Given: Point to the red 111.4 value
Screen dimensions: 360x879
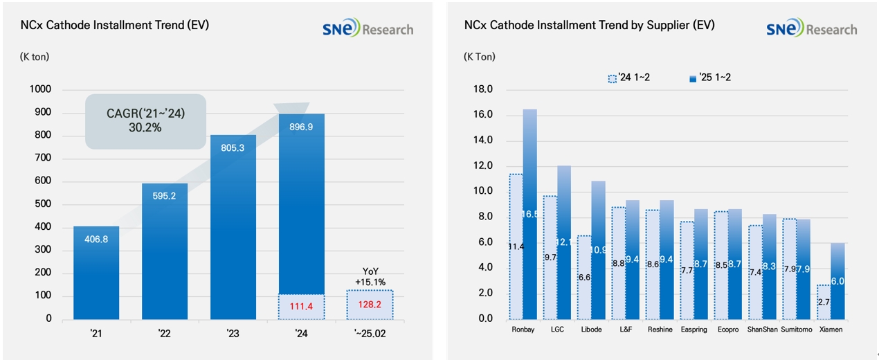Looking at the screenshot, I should (301, 306).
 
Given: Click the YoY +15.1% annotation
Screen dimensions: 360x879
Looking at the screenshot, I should (370, 277).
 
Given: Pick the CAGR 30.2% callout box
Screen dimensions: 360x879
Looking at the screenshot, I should (145, 121).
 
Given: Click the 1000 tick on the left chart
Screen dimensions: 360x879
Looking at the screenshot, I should (41, 89).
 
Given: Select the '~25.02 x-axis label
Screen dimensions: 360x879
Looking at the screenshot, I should (369, 333).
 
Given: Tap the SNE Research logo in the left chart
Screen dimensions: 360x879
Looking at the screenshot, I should (368, 29).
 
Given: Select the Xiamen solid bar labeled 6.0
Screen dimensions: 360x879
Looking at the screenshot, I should (837, 280).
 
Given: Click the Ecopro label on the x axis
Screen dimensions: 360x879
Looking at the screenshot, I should (729, 330).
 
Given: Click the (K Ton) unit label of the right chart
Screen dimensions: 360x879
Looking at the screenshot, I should (480, 57).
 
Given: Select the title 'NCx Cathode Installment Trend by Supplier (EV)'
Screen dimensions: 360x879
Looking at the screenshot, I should (590, 25).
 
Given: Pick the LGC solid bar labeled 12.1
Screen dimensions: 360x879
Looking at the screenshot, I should (564, 242).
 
